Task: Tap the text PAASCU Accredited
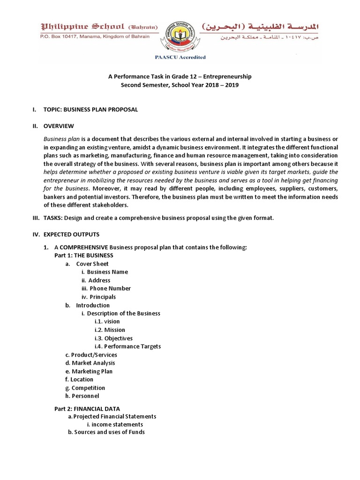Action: coord(180,58)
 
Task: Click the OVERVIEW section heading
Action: coord(59,126)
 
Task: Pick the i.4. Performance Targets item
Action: coord(127,346)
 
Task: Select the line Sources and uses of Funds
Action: coord(106,432)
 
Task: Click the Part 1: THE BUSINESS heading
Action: coord(84,255)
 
